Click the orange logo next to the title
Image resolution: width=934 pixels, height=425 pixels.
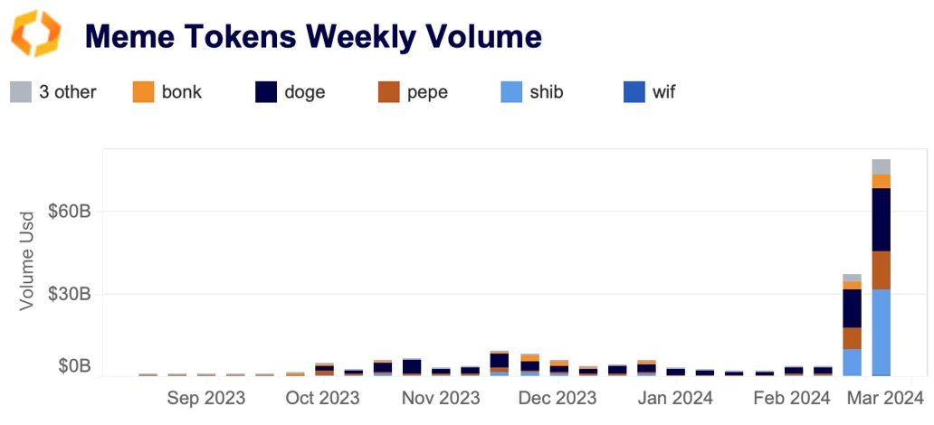[35, 34]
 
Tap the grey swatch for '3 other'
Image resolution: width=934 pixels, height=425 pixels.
[20, 91]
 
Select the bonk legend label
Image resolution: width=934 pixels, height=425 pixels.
[181, 91]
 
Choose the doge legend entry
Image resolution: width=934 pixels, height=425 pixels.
[303, 91]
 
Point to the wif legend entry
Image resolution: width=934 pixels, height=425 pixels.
[663, 91]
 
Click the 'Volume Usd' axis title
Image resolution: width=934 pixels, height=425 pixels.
[27, 260]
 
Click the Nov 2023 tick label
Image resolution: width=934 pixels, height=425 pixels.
[440, 398]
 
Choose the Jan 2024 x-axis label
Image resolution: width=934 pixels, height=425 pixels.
[674, 398]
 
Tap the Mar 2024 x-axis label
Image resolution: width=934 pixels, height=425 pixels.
[885, 398]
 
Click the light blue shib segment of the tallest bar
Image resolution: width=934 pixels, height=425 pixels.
[881, 331]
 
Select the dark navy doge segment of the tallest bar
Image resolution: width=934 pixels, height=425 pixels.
[881, 220]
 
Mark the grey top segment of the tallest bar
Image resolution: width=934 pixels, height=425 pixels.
[881, 166]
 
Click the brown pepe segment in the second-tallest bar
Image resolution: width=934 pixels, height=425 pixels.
[852, 338]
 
